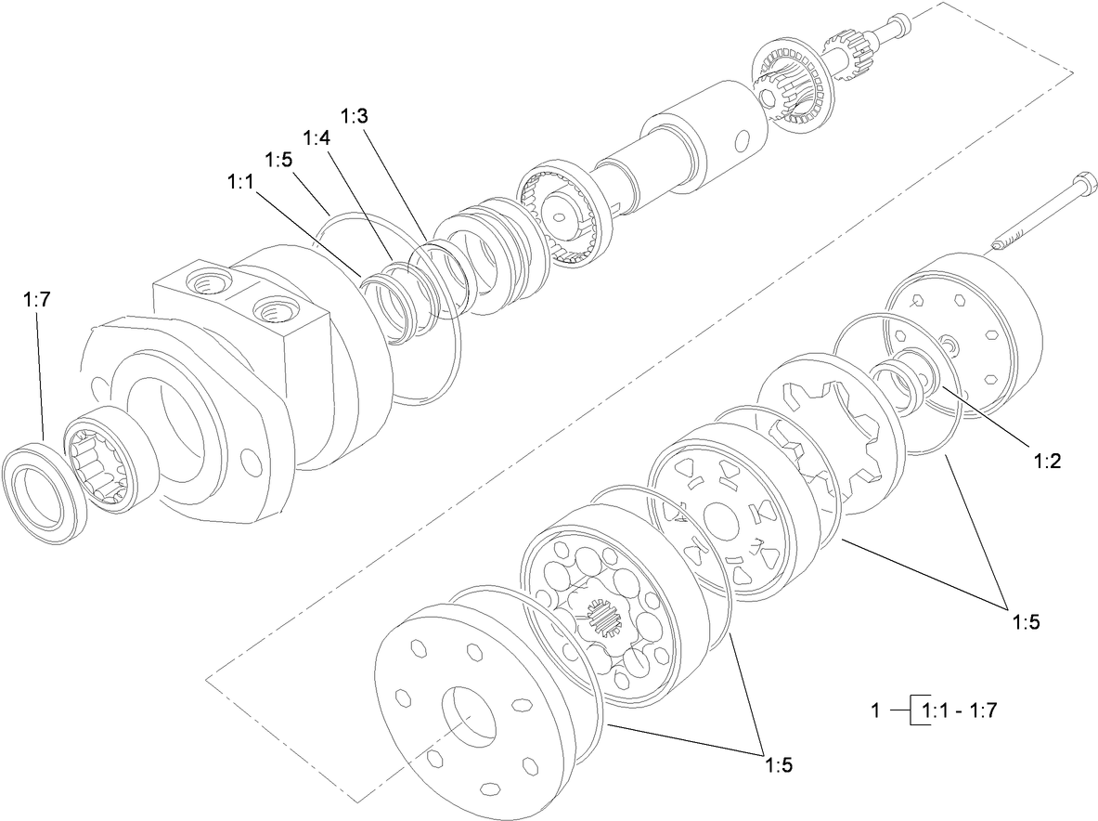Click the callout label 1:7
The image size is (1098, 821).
click(x=37, y=300)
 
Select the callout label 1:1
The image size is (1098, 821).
click(x=240, y=183)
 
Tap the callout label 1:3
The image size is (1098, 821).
click(x=355, y=117)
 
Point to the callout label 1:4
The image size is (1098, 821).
click(x=316, y=137)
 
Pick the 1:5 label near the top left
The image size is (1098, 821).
click(x=278, y=160)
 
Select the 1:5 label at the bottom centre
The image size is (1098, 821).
click(x=779, y=765)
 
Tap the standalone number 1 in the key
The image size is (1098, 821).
click(x=874, y=711)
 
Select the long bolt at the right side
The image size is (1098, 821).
click(x=1034, y=214)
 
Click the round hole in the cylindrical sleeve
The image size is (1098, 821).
click(x=741, y=141)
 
